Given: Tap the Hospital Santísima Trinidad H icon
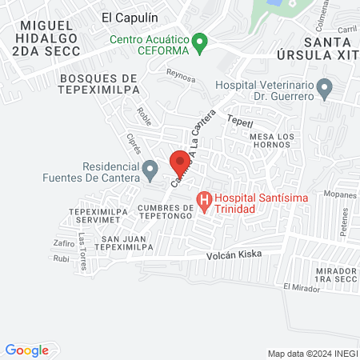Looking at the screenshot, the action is [x=204, y=198].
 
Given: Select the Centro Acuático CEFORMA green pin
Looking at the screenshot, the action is [x=201, y=40].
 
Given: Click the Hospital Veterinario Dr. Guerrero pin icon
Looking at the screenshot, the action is [x=324, y=87].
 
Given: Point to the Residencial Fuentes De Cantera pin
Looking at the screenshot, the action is [x=150, y=169].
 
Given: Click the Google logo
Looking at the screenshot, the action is [x=27, y=350].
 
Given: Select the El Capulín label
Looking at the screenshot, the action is [x=130, y=16].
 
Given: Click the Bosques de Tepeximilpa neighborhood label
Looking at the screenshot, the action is [x=98, y=84].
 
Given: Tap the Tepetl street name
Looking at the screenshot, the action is [x=239, y=122].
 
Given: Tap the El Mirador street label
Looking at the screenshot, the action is [x=300, y=286].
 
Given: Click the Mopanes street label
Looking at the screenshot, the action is [x=341, y=194].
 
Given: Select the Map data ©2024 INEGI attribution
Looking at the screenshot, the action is [x=310, y=354].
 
